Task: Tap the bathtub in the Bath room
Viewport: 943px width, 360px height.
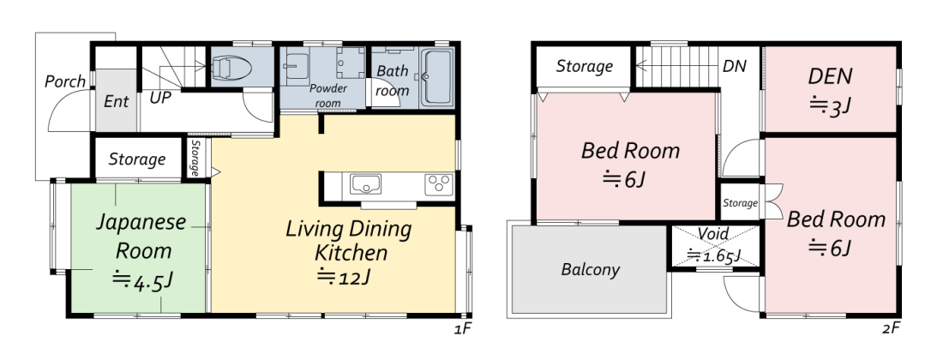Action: [x=436, y=77]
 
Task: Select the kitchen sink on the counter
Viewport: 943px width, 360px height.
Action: [x=365, y=184]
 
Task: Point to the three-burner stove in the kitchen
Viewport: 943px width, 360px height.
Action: [x=438, y=184]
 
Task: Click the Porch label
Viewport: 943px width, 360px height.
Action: [x=65, y=81]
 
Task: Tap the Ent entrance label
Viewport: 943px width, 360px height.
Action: [x=116, y=101]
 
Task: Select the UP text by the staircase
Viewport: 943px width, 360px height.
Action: [x=160, y=98]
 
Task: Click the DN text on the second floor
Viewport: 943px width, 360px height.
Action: [x=735, y=66]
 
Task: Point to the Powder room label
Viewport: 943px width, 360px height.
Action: [x=328, y=95]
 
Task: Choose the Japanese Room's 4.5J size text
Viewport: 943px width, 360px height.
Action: [x=143, y=280]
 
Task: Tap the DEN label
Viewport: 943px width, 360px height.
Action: [x=830, y=76]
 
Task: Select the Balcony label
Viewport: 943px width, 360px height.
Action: [x=590, y=269]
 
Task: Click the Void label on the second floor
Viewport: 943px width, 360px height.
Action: [x=714, y=233]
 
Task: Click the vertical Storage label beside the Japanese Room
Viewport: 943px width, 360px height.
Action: [x=195, y=158]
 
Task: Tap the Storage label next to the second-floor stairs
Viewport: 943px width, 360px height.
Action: [x=584, y=66]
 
